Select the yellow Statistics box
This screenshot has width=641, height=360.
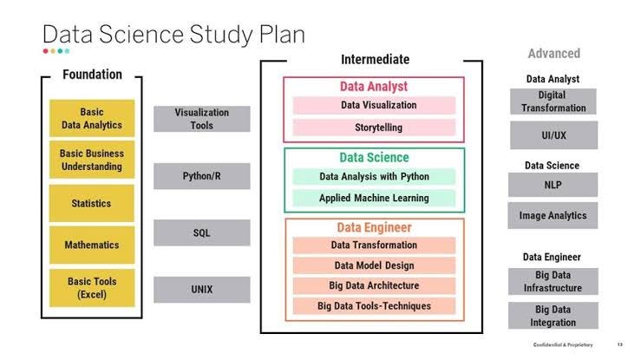[91, 203]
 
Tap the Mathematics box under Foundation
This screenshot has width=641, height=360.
[91, 245]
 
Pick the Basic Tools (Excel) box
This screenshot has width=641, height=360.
[91, 287]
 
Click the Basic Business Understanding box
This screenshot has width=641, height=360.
[91, 160]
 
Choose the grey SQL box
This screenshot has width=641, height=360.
[201, 232]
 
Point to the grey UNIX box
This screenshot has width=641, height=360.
[201, 289]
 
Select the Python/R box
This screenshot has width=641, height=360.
[201, 176]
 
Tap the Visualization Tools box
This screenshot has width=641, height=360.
[201, 119]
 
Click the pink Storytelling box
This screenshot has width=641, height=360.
[374, 128]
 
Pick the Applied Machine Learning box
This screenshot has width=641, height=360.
[374, 198]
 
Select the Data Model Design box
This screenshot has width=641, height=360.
[374, 265]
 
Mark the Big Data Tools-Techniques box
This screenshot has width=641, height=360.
[374, 306]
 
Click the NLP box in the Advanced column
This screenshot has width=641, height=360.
[553, 185]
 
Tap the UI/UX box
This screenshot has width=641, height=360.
[553, 135]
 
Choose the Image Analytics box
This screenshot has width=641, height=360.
[553, 215]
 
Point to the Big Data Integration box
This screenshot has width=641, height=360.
[553, 316]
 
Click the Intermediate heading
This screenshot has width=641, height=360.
[375, 60]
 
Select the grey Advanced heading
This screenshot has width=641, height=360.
[553, 54]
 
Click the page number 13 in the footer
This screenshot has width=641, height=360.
[619, 345]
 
